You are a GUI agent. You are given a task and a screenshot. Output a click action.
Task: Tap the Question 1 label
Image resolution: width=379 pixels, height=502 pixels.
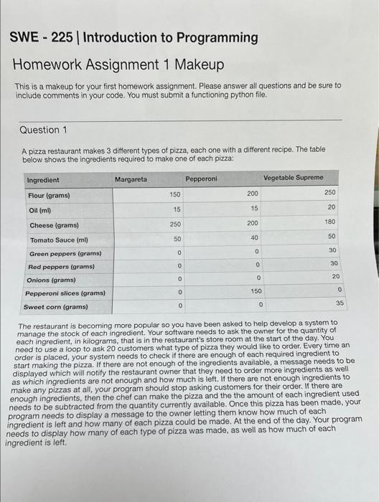pos(44,130)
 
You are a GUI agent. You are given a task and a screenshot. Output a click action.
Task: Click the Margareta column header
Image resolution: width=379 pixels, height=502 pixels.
pos(131,179)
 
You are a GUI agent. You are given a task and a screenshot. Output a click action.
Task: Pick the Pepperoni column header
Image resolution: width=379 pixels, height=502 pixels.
pos(201,178)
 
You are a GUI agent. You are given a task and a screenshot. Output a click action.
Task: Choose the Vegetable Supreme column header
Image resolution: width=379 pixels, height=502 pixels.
pos(293,177)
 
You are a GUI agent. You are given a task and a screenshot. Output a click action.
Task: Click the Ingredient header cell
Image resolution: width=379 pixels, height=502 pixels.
pos(43,180)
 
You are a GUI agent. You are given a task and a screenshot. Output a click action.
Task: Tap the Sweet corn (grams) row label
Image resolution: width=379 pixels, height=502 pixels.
pos(56,307)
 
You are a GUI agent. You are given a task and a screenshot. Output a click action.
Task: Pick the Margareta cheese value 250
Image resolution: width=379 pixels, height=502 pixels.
pos(175,224)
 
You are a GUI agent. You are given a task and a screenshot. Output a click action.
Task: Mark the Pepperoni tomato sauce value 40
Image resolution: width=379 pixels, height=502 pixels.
pos(254,237)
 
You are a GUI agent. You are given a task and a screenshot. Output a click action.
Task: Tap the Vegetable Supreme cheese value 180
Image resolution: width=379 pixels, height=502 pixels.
pos(330,222)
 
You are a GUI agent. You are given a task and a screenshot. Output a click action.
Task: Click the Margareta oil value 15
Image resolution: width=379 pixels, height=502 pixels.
pos(177,209)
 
